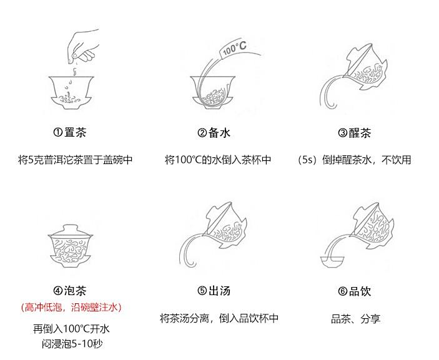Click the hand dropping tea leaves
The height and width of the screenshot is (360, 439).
[x=84, y=46]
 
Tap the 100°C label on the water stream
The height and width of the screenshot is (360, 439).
[x=234, y=48]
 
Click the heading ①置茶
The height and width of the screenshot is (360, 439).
[x=70, y=132]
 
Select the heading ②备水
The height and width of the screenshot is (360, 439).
[x=214, y=133]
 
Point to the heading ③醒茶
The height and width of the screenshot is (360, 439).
[x=354, y=133]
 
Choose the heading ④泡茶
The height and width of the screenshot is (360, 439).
[x=70, y=291]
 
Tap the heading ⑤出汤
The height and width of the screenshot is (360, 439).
[x=214, y=291]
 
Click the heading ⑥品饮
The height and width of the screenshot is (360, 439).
[x=354, y=291]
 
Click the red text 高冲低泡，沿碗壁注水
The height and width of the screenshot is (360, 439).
[x=71, y=307]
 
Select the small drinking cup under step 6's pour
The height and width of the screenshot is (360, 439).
[x=332, y=262]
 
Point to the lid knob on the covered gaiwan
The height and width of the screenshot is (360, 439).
[x=71, y=226]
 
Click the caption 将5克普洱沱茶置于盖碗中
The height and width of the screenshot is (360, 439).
[x=75, y=160]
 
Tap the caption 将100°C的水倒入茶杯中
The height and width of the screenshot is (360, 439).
[x=218, y=160]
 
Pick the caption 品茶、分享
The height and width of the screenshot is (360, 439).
[x=355, y=319]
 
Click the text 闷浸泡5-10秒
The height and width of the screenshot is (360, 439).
[x=72, y=344]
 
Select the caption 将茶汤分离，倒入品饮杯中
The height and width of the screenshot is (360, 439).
[x=219, y=318]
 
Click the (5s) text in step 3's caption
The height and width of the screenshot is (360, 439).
[x=307, y=160]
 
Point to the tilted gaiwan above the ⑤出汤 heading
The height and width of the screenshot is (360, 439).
[x=225, y=226]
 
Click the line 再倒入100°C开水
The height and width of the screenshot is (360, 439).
[x=71, y=329]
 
